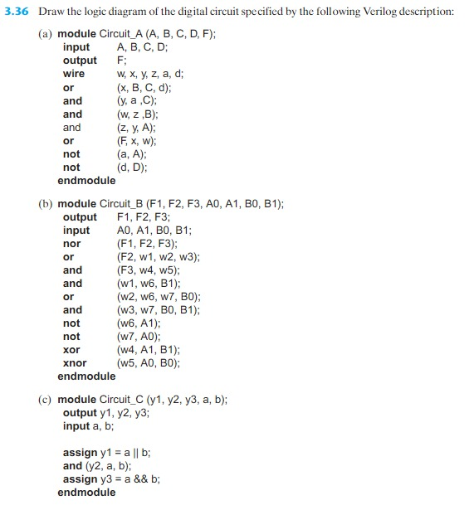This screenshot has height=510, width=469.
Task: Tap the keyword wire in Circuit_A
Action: tap(74, 74)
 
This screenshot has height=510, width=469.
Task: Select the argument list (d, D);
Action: tap(133, 167)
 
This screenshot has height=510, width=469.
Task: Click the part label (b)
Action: tap(46, 203)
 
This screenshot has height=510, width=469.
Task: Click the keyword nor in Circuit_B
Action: tap(71, 243)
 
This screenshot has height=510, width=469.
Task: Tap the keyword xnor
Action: tap(75, 362)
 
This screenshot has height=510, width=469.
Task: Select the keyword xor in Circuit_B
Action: tap(71, 349)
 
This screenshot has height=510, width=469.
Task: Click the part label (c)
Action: tap(46, 399)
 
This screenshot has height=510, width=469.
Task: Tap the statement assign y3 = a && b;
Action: tap(112, 478)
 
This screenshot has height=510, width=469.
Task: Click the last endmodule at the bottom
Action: tap(86, 492)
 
